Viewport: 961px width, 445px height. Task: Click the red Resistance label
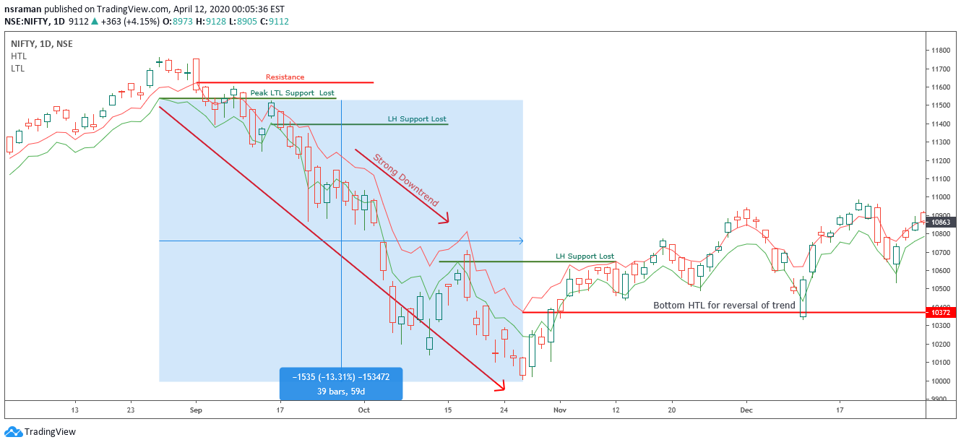coord(285,77)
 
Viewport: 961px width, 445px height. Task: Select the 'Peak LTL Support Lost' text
coord(292,93)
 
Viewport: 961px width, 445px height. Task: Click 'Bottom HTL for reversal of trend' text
coord(724,306)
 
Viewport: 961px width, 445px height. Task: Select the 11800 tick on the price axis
coord(940,51)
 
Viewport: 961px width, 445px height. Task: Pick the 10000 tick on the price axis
coord(940,381)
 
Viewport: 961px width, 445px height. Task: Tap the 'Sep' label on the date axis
coord(195,410)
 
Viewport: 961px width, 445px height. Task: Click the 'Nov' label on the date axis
coord(559,410)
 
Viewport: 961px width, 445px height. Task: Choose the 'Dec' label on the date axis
coord(746,410)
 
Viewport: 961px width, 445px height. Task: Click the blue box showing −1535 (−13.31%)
coord(340,383)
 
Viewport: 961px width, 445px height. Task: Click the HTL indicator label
coord(19,56)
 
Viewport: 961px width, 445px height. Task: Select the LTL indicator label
coord(18,67)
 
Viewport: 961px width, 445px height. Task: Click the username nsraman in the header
coord(22,9)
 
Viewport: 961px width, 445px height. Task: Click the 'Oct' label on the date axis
coord(363,410)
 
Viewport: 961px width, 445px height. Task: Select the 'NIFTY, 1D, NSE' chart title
coord(42,44)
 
